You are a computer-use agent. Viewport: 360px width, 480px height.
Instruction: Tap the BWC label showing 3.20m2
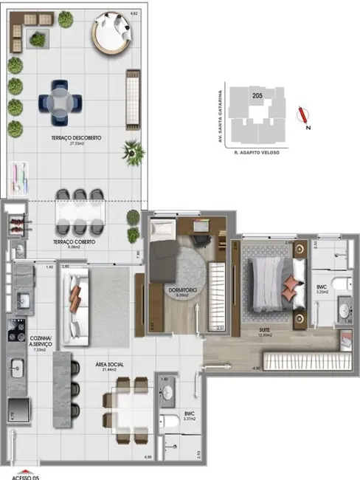click(x=322, y=288)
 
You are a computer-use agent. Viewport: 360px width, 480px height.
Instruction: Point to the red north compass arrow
click(x=300, y=114)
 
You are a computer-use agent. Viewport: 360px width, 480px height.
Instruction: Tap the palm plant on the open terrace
click(x=133, y=153)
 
